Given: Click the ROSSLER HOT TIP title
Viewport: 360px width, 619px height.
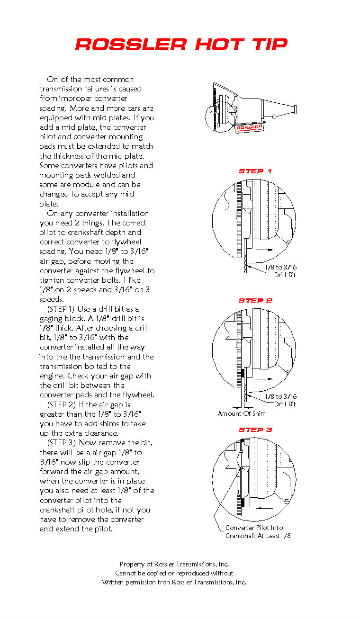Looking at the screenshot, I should click(181, 45).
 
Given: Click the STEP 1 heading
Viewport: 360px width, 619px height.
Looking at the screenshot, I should click(255, 171).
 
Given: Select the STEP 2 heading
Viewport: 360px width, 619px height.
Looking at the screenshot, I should click(255, 300).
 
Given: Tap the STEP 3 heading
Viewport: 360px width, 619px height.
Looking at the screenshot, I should click(255, 430).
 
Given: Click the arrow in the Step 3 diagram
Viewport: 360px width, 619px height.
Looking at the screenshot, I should click(266, 508).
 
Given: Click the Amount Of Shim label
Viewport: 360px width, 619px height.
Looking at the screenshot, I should click(242, 413).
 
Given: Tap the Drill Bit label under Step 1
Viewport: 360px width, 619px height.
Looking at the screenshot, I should click(285, 275).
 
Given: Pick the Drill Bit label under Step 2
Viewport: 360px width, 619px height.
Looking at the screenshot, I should click(285, 404).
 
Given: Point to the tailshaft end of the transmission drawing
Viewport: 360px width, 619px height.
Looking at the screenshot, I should click(294, 110).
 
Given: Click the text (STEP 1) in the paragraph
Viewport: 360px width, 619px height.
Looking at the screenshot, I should click(63, 309).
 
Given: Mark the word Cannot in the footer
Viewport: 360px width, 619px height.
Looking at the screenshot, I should click(126, 573).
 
